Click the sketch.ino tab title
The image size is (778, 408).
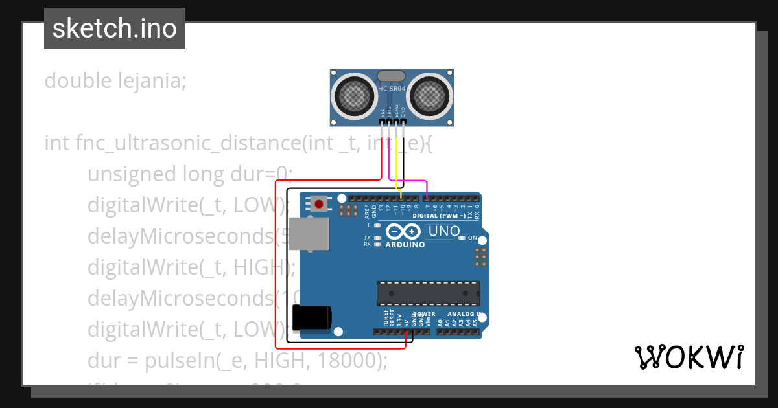(x=115, y=28)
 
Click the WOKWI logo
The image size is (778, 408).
(x=689, y=357)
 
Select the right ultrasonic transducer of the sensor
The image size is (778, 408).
(x=430, y=97)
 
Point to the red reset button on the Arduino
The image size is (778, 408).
(x=318, y=204)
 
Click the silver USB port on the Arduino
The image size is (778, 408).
(x=309, y=233)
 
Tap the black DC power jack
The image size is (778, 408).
(x=312, y=317)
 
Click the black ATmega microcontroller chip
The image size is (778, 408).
(x=429, y=293)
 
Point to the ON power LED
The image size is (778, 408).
(x=462, y=238)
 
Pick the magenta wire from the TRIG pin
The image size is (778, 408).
(x=407, y=181)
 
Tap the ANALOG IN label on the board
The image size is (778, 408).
(x=466, y=314)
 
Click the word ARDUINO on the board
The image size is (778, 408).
(x=405, y=245)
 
